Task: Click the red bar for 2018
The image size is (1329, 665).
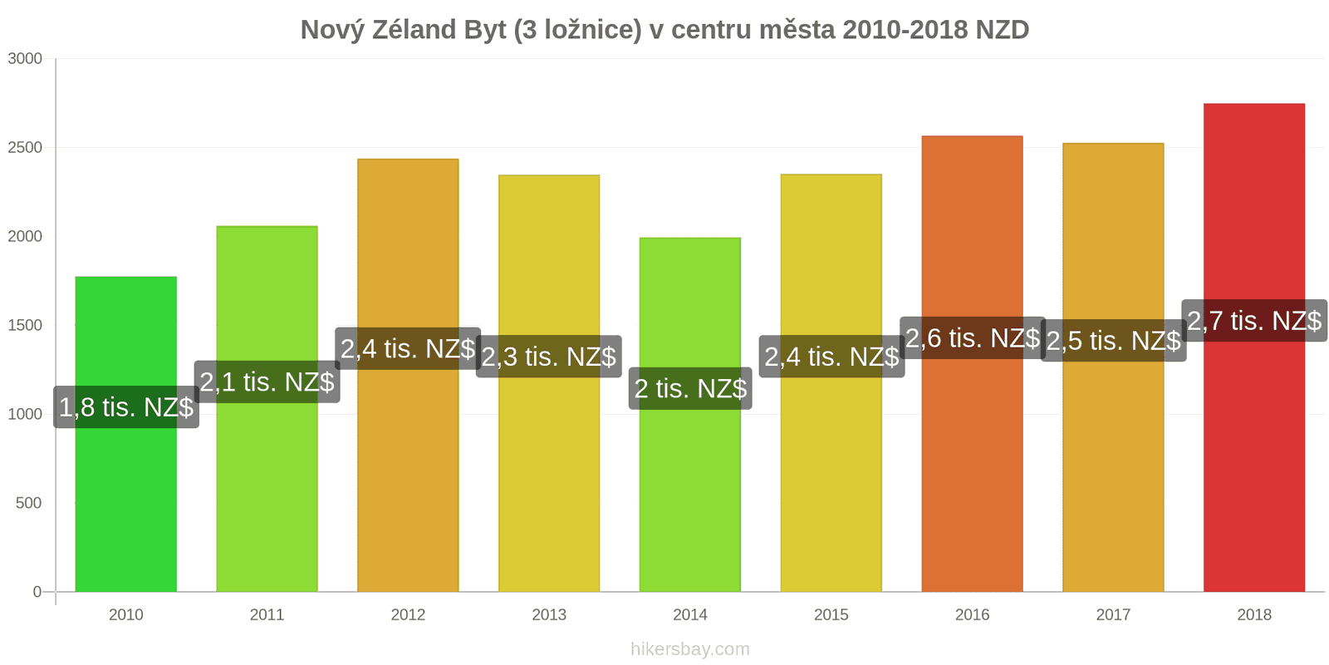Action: tap(1253, 465)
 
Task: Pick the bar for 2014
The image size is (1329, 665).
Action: tap(689, 499)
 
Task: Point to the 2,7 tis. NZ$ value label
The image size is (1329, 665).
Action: tap(1254, 321)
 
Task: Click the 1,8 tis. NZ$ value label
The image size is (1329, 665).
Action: tap(126, 407)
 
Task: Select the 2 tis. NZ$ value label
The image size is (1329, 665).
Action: tap(690, 388)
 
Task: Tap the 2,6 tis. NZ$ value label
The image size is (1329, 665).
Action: tap(972, 338)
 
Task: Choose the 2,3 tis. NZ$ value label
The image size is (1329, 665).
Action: tap(549, 357)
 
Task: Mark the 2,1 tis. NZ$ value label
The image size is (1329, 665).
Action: tap(267, 382)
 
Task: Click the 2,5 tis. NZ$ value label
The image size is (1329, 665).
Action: tap(1113, 341)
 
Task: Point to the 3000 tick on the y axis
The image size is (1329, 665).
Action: tap(25, 58)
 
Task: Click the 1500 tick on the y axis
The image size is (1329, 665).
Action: tap(25, 325)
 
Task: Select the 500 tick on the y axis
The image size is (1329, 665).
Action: tap(28, 503)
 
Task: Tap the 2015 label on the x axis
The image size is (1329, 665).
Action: tap(831, 614)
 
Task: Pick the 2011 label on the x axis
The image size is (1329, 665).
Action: tap(267, 614)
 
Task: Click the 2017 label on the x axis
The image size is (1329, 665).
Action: tap(1113, 614)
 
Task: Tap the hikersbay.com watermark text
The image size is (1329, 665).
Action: tap(689, 649)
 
